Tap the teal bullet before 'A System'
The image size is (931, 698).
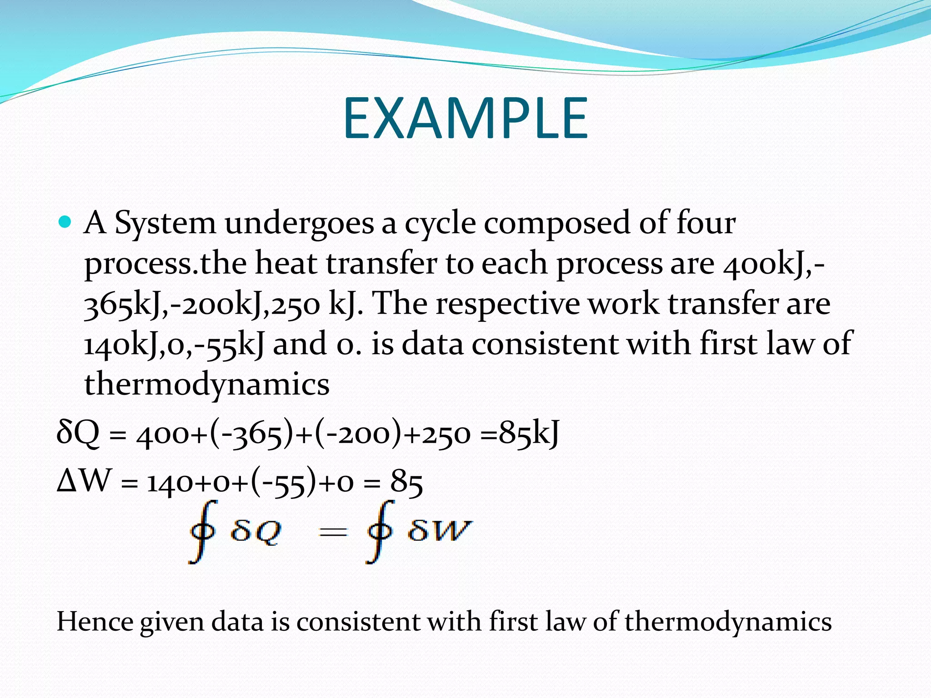pos(65,222)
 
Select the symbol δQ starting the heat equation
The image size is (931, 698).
pos(78,433)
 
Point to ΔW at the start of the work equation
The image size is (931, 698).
pos(84,481)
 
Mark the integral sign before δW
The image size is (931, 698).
pos(380,531)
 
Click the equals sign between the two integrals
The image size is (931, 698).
pos(333,532)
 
